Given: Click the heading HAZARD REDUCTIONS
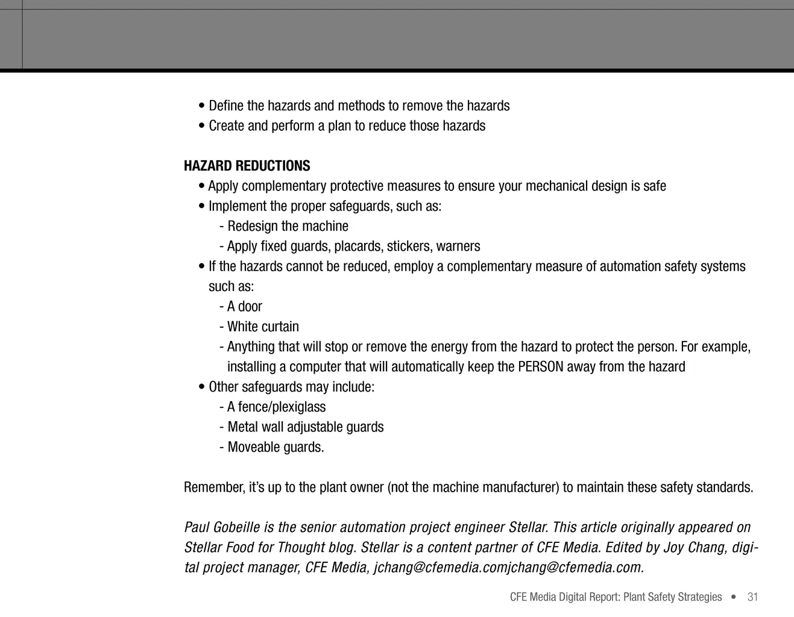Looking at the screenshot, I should click(247, 166).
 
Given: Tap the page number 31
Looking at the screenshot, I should click(752, 597).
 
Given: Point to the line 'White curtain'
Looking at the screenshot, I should click(263, 327).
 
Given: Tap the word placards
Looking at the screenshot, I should click(358, 246).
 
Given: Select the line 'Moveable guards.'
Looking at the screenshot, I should click(276, 447).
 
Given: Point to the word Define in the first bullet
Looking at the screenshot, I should click(226, 106).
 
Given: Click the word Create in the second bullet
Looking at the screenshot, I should click(226, 126).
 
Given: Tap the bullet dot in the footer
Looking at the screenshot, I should click(733, 597).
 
